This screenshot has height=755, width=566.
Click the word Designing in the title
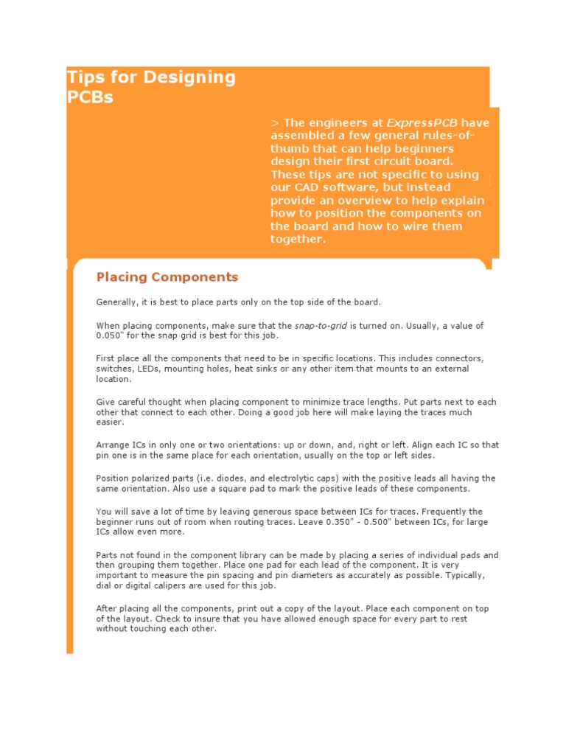coord(191,78)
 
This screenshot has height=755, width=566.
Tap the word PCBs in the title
coord(90,97)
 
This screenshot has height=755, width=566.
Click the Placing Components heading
coord(167,277)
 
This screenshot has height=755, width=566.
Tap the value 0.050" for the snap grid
coord(110,335)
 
